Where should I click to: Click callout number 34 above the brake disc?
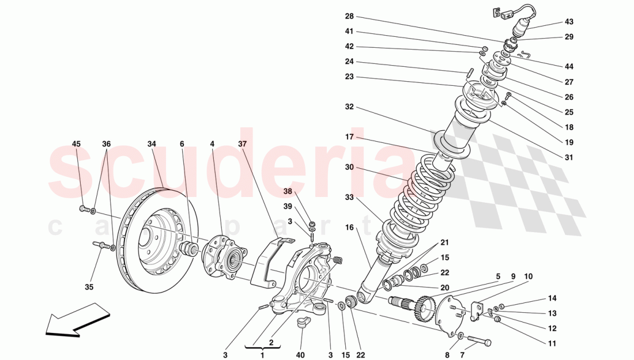(x=152, y=143)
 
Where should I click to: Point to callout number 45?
(x=77, y=143)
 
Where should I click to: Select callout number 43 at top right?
(x=569, y=22)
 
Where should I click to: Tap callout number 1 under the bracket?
(x=263, y=355)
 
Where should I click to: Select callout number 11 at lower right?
(x=552, y=344)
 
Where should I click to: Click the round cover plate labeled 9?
(x=452, y=314)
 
